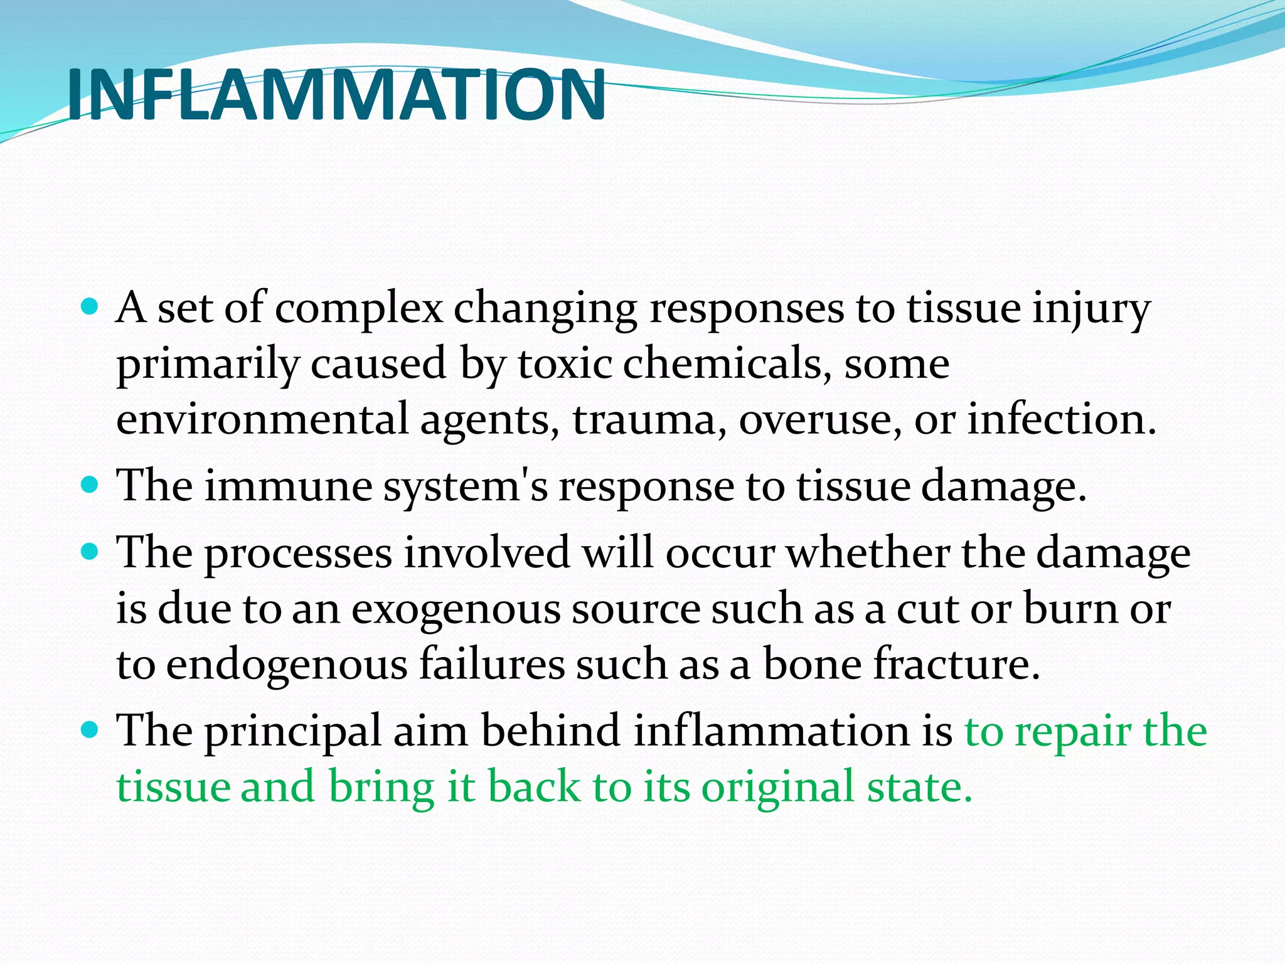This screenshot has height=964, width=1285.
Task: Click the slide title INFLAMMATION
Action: click(336, 95)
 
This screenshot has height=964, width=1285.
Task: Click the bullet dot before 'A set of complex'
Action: click(90, 307)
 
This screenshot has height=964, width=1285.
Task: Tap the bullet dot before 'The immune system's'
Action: click(90, 485)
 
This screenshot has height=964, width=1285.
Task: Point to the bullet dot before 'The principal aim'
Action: click(90, 730)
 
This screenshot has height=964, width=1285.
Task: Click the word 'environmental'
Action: click(262, 419)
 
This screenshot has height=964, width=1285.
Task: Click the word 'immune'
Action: click(288, 486)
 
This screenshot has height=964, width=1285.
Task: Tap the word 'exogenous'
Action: click(455, 609)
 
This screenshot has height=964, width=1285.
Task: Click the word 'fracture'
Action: click(956, 663)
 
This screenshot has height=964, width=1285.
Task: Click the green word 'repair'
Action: click(1072, 732)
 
